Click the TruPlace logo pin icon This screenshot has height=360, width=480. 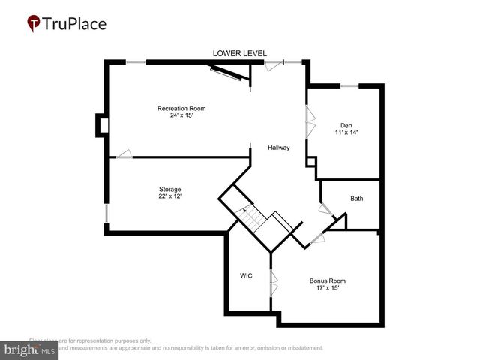(x=34, y=24)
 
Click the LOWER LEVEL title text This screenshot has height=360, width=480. (x=239, y=53)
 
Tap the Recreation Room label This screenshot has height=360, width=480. (x=181, y=109)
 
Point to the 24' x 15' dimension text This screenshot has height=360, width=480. (x=181, y=115)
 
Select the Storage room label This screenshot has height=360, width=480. (x=169, y=189)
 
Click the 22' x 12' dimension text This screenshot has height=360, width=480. (x=169, y=196)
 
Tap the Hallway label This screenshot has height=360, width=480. (x=279, y=148)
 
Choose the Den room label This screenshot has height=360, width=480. (x=346, y=125)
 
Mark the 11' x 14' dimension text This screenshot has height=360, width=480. (x=346, y=132)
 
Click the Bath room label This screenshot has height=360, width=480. (x=356, y=199)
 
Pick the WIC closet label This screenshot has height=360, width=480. (x=246, y=275)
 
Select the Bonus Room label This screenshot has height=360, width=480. (x=328, y=280)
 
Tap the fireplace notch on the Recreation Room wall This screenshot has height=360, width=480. (x=101, y=125)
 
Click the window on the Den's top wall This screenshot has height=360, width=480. (x=350, y=86)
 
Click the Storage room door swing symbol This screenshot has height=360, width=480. (x=122, y=154)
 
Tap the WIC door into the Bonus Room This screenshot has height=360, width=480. (x=274, y=285)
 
